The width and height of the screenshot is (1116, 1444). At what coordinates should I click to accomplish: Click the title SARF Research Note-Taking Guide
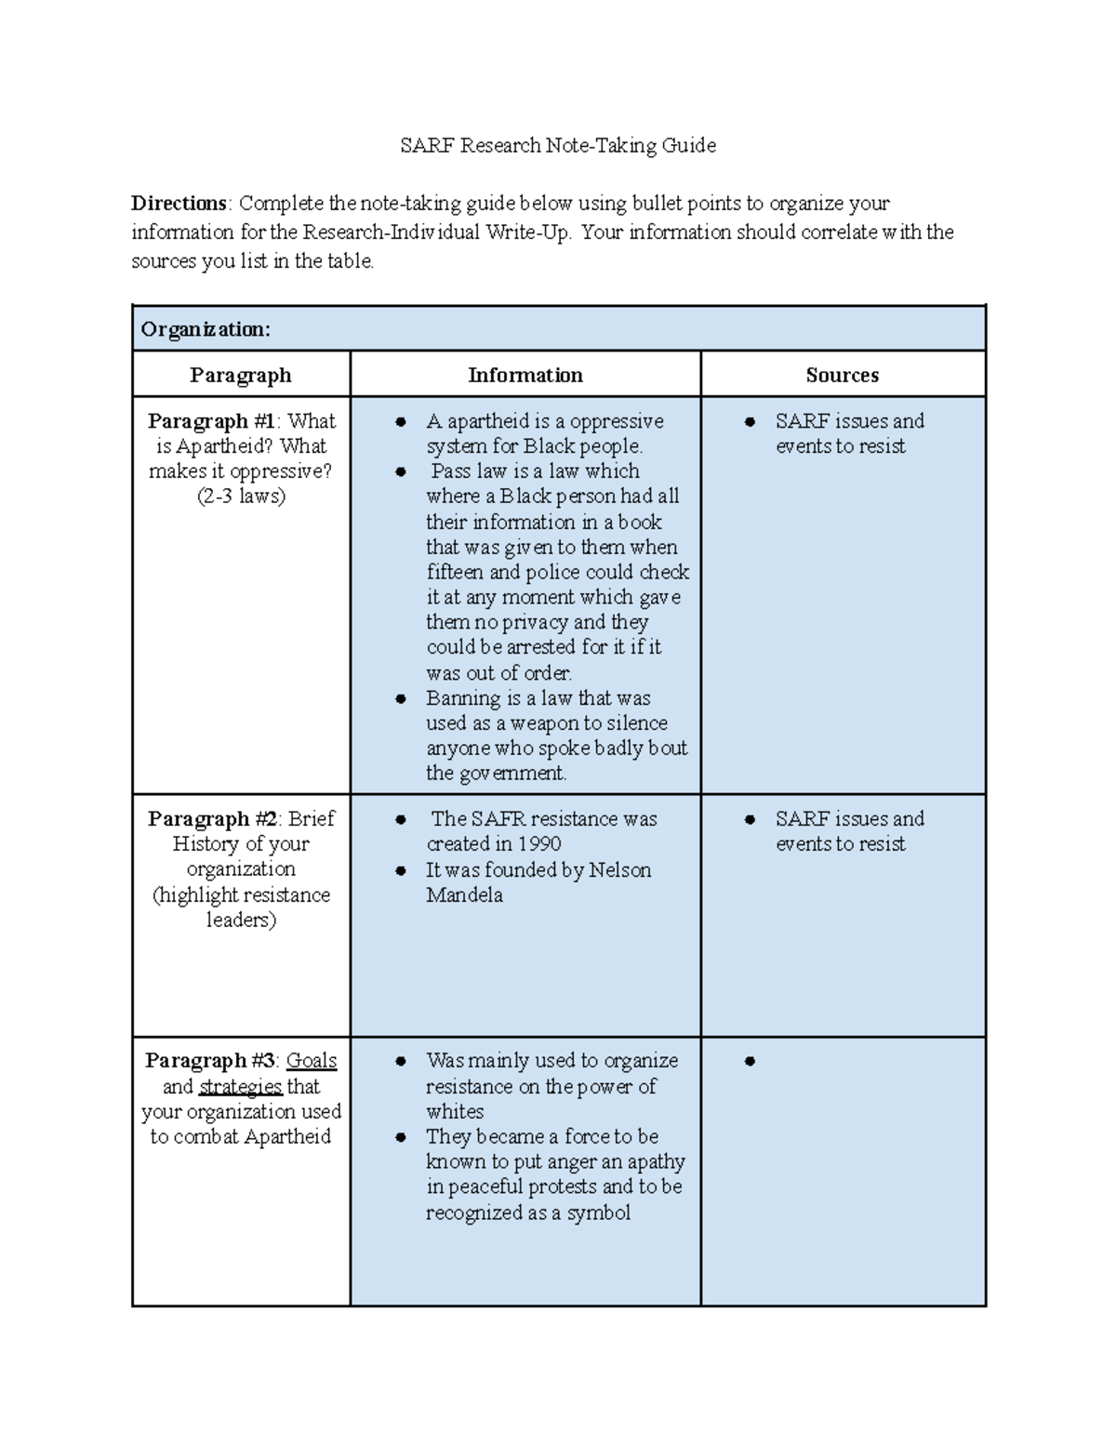tap(557, 145)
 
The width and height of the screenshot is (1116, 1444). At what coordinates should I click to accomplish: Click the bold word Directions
tap(179, 204)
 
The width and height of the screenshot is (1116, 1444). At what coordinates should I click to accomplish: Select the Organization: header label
tap(206, 329)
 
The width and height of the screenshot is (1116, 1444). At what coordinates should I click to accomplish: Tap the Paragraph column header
tap(241, 375)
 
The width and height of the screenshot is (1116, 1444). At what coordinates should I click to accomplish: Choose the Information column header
tap(525, 375)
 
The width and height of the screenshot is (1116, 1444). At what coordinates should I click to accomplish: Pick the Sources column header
tap(842, 375)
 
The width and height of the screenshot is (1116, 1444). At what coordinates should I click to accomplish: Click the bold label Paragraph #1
tap(198, 421)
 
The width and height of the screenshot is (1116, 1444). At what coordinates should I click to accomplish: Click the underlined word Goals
tap(311, 1061)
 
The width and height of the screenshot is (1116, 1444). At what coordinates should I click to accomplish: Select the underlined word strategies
tap(240, 1087)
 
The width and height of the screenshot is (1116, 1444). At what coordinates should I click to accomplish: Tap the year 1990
tap(539, 844)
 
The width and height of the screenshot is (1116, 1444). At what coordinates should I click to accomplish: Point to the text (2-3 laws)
tap(241, 497)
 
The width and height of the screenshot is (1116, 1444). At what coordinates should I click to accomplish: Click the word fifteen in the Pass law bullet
tap(454, 573)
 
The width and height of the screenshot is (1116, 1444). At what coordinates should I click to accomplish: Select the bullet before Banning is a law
tap(401, 698)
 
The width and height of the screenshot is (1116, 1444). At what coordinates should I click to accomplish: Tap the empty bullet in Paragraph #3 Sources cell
tap(750, 1061)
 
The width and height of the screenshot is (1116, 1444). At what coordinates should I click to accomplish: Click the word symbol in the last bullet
tap(599, 1212)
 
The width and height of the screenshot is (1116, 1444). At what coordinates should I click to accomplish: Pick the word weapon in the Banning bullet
tap(544, 723)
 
